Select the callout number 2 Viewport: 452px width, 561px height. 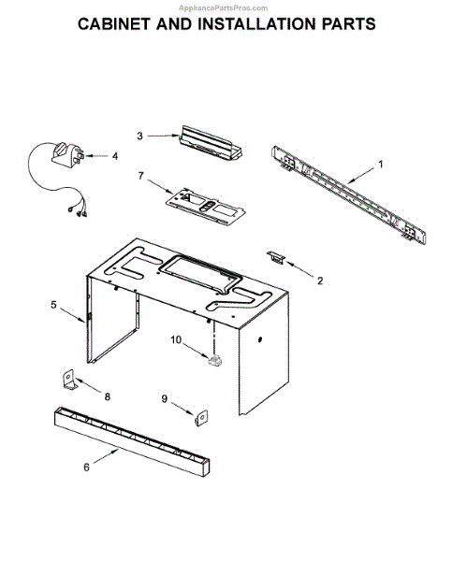click(320, 280)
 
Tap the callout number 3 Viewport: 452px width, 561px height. click(139, 136)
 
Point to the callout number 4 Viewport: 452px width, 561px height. click(115, 156)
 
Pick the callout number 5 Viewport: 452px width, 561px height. click(53, 304)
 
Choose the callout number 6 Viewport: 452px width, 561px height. click(86, 467)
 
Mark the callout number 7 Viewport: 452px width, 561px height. click(140, 175)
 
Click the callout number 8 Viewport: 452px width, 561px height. click(107, 396)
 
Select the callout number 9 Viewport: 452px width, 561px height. click(165, 399)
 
